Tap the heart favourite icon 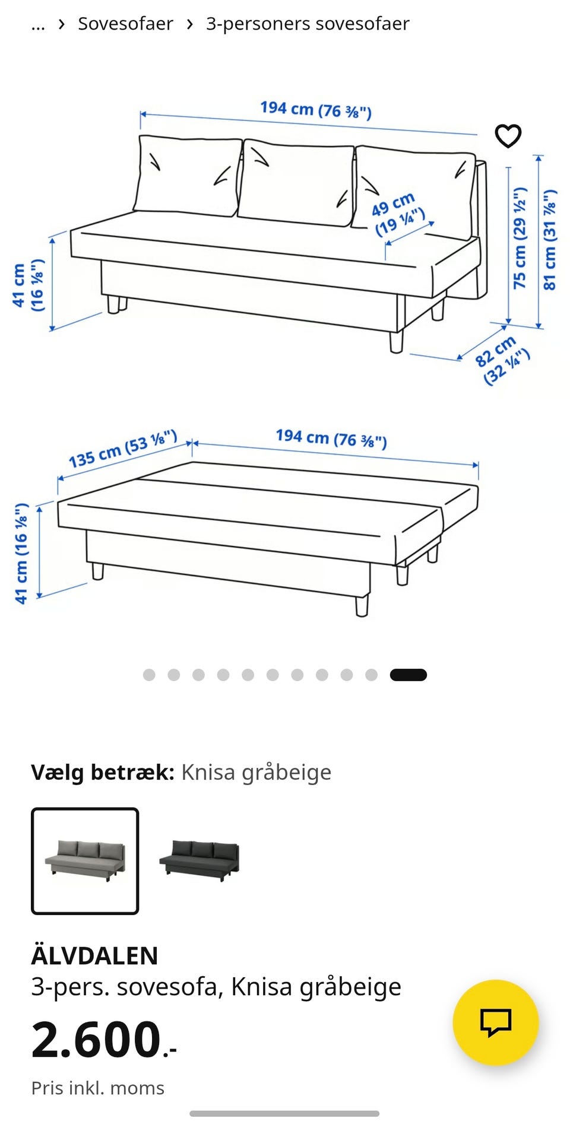pyautogui.click(x=508, y=136)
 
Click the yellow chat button pyautogui.click(x=495, y=1022)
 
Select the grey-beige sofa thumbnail pyautogui.click(x=85, y=860)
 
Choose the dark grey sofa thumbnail pyautogui.click(x=199, y=860)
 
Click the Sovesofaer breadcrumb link pyautogui.click(x=125, y=24)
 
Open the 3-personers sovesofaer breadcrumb pyautogui.click(x=307, y=24)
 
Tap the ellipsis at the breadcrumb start pyautogui.click(x=38, y=25)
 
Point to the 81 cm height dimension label pyautogui.click(x=550, y=240)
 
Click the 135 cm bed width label pyautogui.click(x=122, y=449)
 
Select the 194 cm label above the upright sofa pyautogui.click(x=315, y=110)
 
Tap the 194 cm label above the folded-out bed pyautogui.click(x=331, y=439)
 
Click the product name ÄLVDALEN pyautogui.click(x=94, y=956)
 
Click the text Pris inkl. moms pyautogui.click(x=97, y=1088)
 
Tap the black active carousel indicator pyautogui.click(x=408, y=675)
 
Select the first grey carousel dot pyautogui.click(x=149, y=675)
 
